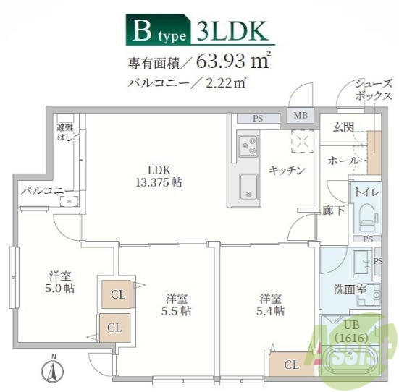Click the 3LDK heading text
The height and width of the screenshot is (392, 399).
pyautogui.click(x=230, y=31)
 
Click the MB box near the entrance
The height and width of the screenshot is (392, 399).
pyautogui.click(x=300, y=115)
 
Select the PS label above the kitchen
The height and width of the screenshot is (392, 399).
pyautogui.click(x=258, y=118)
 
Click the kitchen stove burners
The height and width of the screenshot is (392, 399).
pyautogui.click(x=248, y=146)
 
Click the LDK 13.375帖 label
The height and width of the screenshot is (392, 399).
pyautogui.click(x=159, y=176)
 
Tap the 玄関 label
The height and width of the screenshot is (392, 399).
pyautogui.click(x=343, y=128)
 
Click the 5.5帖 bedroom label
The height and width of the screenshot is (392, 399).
pyautogui.click(x=176, y=304)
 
